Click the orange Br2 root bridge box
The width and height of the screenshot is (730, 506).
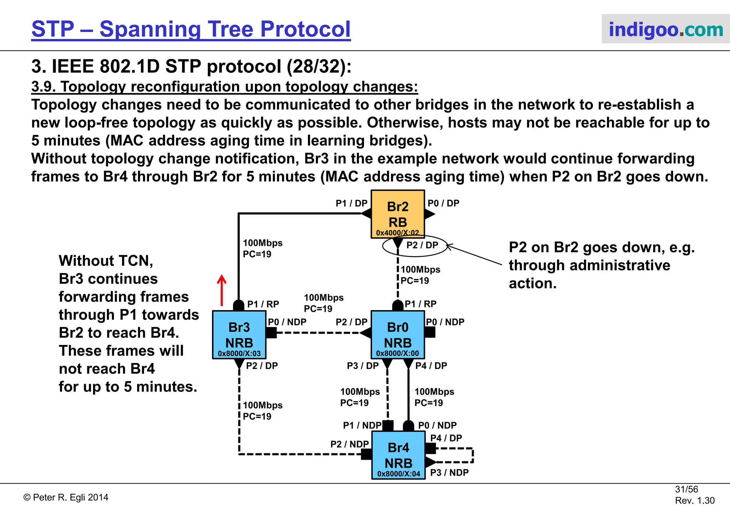[x=397, y=213]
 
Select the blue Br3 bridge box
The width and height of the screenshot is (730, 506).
[x=239, y=334]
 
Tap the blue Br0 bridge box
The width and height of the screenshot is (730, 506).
[x=397, y=334]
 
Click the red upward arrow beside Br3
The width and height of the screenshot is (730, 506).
[x=222, y=290]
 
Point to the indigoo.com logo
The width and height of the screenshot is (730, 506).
[x=665, y=29]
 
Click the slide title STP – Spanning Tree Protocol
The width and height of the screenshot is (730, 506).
[x=191, y=29]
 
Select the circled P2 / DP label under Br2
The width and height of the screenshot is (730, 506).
[x=422, y=245]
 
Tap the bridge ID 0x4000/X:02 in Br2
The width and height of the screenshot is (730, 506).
[x=397, y=233]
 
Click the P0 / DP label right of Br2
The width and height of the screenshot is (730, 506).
[x=443, y=203]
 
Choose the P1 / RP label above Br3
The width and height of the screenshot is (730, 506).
[x=263, y=304]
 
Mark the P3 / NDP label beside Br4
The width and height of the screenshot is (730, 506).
[x=449, y=473]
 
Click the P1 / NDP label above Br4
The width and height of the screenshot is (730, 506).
[x=362, y=425]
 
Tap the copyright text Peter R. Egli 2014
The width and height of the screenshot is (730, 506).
[x=66, y=497]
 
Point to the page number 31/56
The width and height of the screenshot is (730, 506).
[x=686, y=489]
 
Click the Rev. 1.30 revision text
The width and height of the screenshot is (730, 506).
[x=694, y=500]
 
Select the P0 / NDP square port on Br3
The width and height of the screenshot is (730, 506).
[x=271, y=333]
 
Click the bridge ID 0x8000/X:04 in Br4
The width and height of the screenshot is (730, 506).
[x=399, y=474]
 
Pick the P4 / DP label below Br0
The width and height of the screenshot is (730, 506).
[x=431, y=366]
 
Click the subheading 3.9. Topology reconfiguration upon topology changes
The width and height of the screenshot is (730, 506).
[x=225, y=87]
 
